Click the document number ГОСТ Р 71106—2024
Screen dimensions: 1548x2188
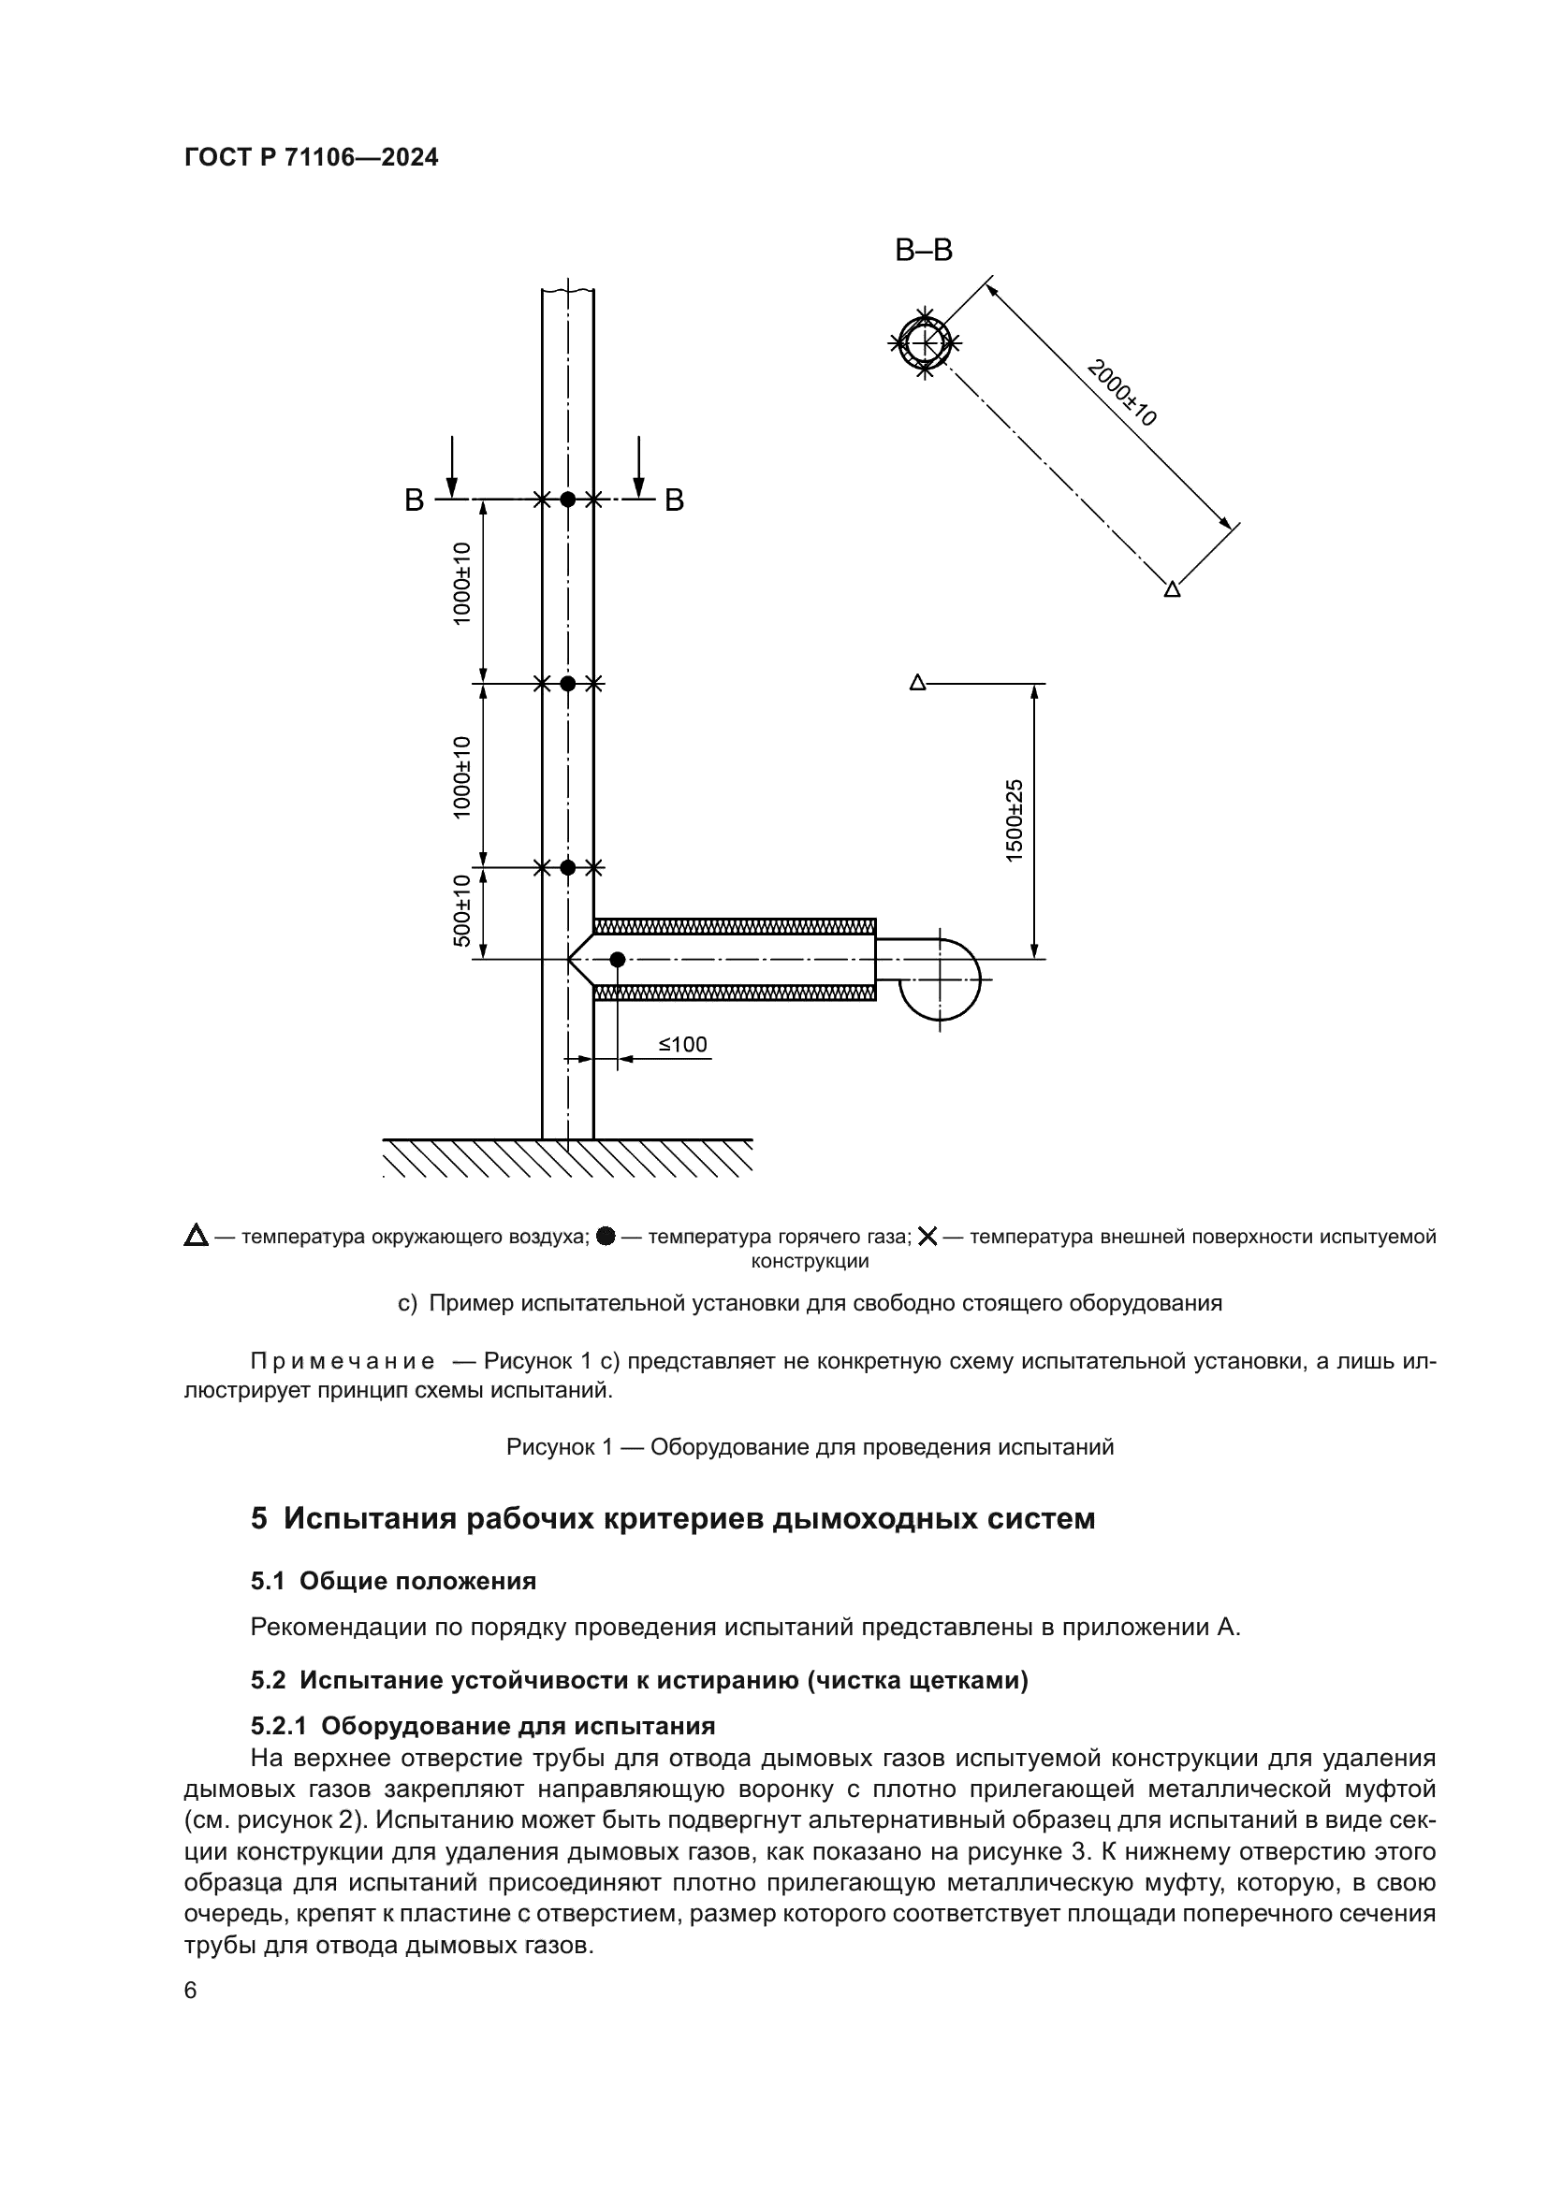(x=312, y=158)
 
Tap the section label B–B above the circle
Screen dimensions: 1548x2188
(x=924, y=251)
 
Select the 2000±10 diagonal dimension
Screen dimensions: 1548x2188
(x=1123, y=393)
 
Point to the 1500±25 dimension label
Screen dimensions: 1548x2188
(x=1015, y=820)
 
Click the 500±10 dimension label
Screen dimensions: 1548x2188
(x=461, y=910)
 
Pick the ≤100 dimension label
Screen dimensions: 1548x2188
(x=682, y=1045)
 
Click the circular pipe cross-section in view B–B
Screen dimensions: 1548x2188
(x=925, y=342)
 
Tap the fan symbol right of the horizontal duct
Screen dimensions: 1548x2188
(x=940, y=978)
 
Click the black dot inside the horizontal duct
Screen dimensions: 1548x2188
(x=618, y=960)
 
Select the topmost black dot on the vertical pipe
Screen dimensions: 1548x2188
(x=568, y=499)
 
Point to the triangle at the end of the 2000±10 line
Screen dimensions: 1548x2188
(x=1173, y=589)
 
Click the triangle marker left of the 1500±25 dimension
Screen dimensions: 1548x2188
(x=918, y=682)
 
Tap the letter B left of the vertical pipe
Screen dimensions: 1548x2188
(x=414, y=501)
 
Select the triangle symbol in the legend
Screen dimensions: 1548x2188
(x=197, y=1237)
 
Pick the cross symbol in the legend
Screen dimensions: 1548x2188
(x=927, y=1237)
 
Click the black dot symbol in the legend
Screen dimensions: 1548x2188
(x=606, y=1237)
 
